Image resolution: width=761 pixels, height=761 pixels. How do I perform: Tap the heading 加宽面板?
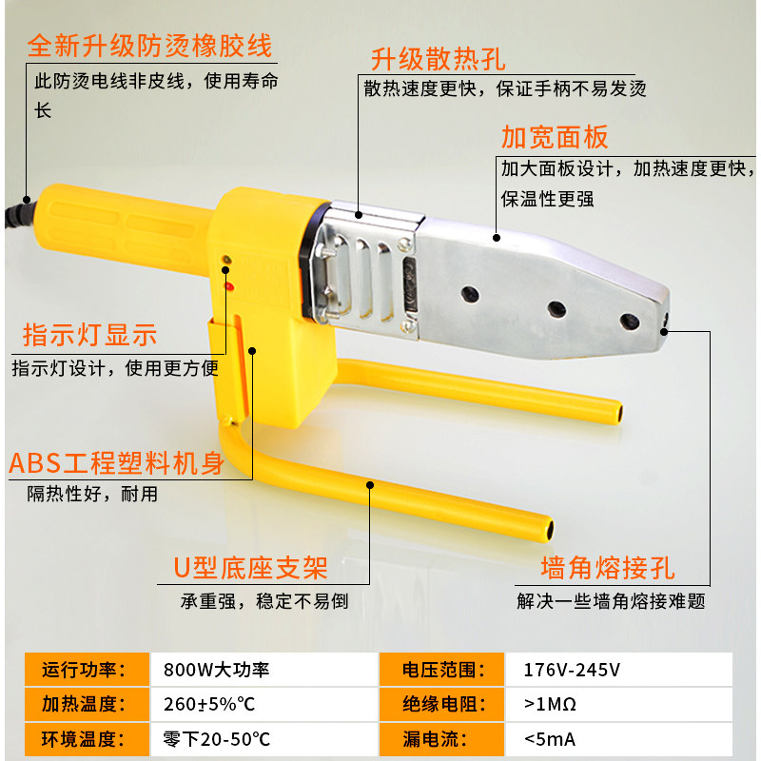click(x=555, y=137)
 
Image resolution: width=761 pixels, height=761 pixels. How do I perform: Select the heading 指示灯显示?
click(x=90, y=335)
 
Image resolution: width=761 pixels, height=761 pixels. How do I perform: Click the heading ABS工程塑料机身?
click(x=116, y=463)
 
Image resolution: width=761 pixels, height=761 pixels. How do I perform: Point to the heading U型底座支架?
click(x=250, y=568)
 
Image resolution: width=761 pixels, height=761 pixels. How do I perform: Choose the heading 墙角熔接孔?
click(x=608, y=569)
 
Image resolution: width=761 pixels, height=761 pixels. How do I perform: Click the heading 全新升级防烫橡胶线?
click(x=149, y=45)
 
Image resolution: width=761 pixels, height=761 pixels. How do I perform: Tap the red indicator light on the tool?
click(x=228, y=284)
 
